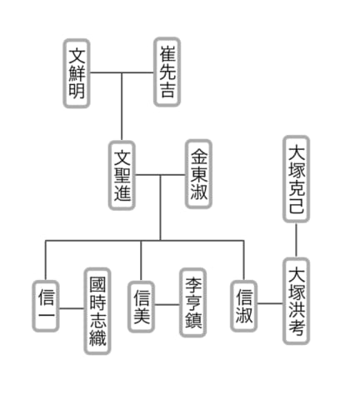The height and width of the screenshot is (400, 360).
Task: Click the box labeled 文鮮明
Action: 77,73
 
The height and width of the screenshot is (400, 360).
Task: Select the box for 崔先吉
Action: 167,72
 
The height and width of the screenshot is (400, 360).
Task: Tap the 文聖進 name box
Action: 122,175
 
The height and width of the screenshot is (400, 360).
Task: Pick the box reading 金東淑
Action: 199,174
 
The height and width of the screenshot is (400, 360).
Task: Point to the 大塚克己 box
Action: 297,179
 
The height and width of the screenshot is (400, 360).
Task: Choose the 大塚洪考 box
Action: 297,301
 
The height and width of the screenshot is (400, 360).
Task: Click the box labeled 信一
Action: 46,306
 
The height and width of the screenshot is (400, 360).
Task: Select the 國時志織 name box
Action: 97,312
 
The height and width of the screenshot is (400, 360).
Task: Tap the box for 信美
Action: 141,307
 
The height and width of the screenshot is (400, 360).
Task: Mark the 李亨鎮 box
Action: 192,302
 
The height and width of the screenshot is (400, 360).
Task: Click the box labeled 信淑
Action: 244,306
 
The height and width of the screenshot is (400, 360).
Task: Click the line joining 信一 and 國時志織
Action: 72,308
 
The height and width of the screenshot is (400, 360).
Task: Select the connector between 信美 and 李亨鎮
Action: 167,304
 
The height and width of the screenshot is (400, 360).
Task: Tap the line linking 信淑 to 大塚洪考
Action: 270,303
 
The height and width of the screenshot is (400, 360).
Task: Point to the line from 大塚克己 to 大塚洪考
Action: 296,240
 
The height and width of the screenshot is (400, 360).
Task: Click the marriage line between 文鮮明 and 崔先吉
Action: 122,72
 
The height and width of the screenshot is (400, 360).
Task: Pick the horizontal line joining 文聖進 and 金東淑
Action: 160,175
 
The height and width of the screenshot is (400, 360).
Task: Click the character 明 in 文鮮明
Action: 77,91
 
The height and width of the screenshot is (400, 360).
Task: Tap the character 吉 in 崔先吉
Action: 167,89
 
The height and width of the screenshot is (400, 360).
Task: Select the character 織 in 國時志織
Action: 97,338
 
